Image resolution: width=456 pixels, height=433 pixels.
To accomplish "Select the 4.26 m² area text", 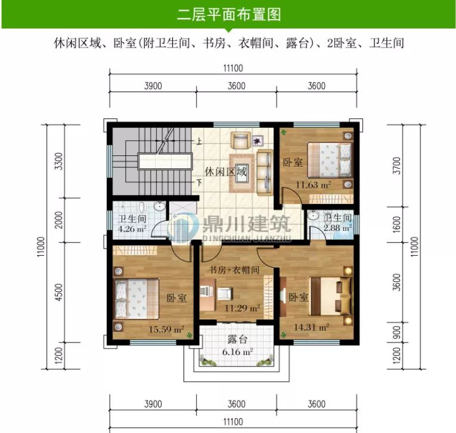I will click(132, 228).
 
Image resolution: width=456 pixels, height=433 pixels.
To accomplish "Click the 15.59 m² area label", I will click(166, 328).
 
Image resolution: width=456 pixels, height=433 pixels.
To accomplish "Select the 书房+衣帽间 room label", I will click(234, 269).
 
